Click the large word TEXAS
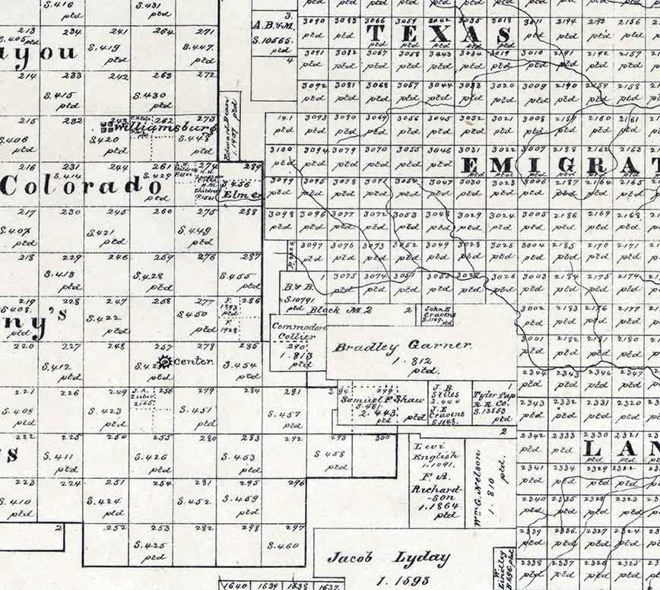pyautogui.click(x=439, y=34)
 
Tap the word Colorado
pyautogui.click(x=82, y=185)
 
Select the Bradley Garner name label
pyautogui.click(x=402, y=347)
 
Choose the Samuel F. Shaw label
pyautogui.click(x=379, y=401)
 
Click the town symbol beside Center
pyautogui.click(x=162, y=361)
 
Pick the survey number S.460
pyautogui.click(x=283, y=546)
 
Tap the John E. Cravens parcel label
pyautogui.click(x=439, y=312)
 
